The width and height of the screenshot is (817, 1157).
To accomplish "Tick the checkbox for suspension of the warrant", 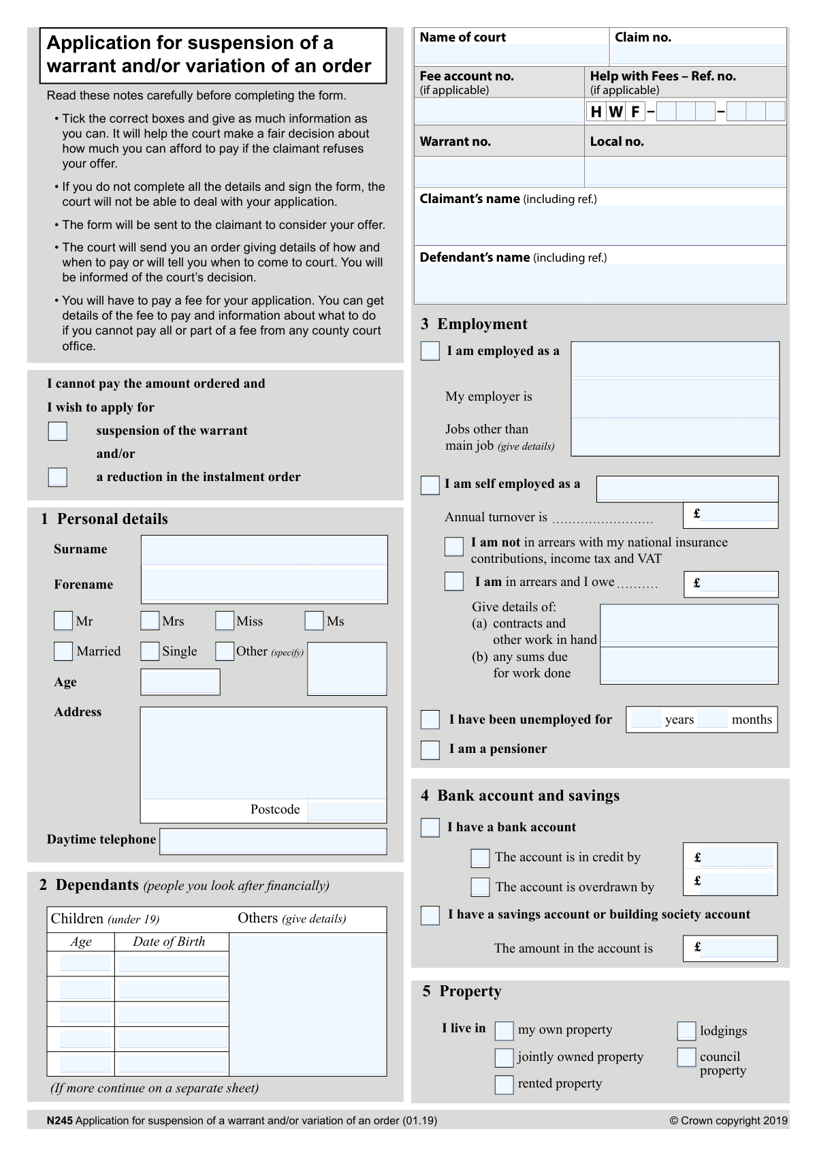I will pos(58,431).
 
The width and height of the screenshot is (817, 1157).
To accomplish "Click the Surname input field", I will pos(264,550).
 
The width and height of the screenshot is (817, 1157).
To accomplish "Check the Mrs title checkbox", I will pos(150,621).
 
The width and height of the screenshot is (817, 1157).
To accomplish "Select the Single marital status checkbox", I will pos(150,651).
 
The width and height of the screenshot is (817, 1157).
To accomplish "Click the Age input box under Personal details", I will pos(180,682).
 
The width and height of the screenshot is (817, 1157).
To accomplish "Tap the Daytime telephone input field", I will pos(273,841).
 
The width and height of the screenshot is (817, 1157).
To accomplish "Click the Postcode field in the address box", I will pos(346,810).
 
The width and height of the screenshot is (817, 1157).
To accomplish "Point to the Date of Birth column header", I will pos(169,942).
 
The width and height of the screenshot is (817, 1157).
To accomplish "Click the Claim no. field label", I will pos(643,37).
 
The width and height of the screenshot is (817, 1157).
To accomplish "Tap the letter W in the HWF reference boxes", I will pos(615,112).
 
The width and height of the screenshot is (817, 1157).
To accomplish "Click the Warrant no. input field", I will pos(499,172).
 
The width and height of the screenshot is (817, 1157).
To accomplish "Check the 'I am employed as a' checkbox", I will pos(430,351).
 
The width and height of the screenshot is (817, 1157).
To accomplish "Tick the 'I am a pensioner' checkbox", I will pos(430,750).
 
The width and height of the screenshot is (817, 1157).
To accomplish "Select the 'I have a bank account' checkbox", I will pos(430,827).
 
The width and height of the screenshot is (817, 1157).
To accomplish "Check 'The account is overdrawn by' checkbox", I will pos(480,887).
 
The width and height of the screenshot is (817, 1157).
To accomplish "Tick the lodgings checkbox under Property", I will pos(687,1031).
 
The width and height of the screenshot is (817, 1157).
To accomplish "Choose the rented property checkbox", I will pos(504,1084).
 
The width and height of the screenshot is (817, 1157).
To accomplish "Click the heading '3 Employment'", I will pos(474,324).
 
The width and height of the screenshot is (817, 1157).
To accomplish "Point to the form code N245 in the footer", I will pos(60,1120).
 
